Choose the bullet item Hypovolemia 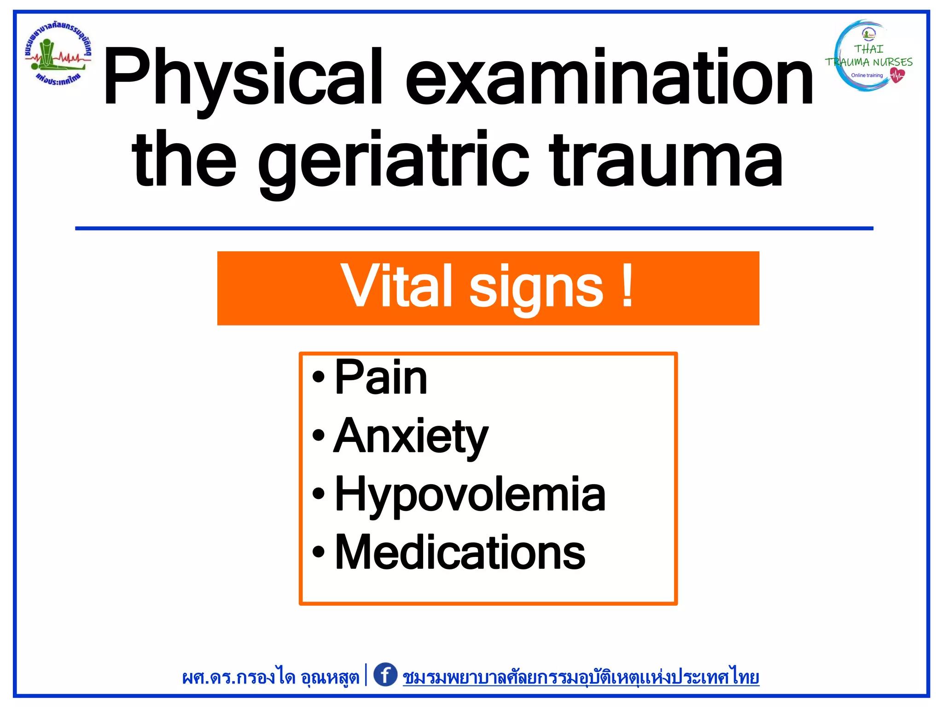[470, 494]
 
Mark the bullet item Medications [460, 552]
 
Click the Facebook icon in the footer [385, 675]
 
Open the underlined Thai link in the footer [581, 677]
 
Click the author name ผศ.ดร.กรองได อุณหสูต [270, 677]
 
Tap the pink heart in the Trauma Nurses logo [896, 75]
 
